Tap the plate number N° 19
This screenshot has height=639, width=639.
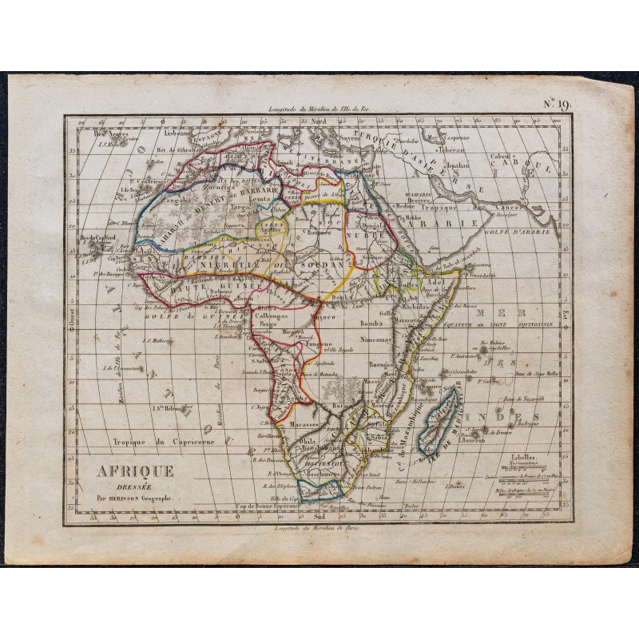click(x=556, y=102)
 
